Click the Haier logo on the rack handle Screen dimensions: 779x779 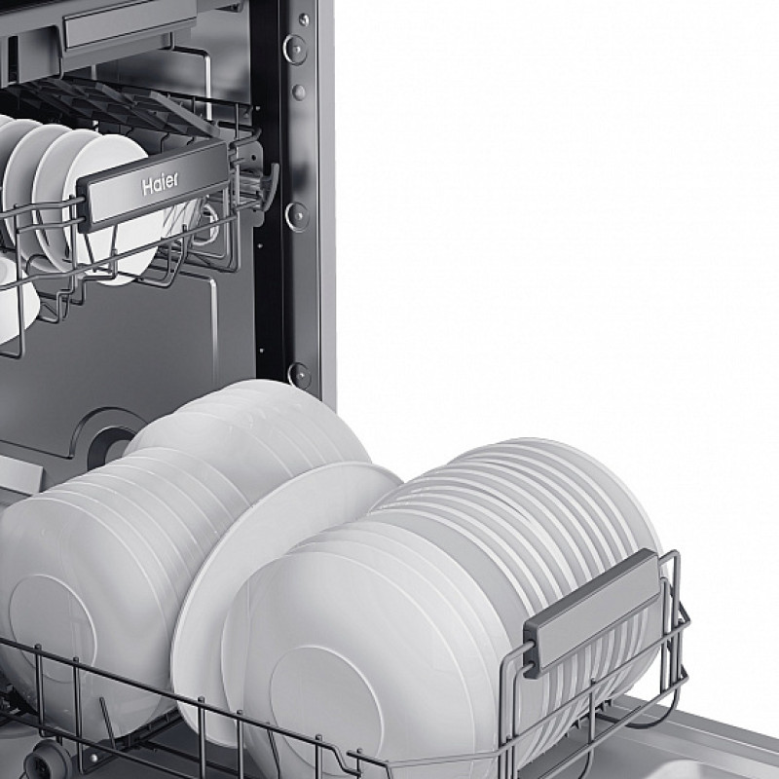coord(160,183)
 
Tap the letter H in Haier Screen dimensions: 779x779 coord(147,187)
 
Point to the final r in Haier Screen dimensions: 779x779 coord(175,180)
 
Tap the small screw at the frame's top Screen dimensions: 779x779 coord(304,19)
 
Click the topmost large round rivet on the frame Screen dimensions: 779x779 coord(295,50)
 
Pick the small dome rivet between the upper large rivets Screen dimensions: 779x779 coord(299,92)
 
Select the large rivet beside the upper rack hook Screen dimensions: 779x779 coord(297,216)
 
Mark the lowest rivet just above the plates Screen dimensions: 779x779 coord(300,375)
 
